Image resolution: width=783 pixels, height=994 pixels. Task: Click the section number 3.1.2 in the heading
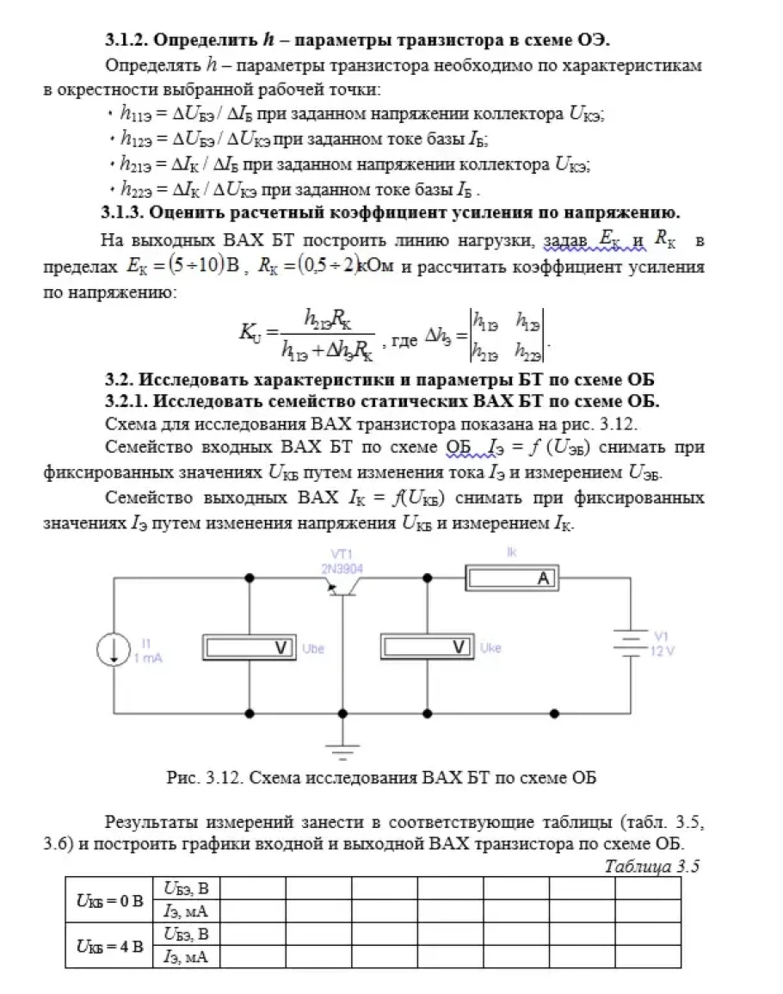(x=128, y=40)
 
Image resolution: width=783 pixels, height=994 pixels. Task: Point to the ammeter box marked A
(x=512, y=579)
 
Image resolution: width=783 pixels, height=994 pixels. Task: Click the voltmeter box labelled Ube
(x=249, y=647)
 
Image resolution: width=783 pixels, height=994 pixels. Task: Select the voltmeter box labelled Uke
(x=427, y=647)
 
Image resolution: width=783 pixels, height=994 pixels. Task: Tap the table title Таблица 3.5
(x=652, y=866)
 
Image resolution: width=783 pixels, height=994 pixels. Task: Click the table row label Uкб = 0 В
(x=108, y=900)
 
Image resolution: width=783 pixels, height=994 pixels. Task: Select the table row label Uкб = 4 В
(x=108, y=945)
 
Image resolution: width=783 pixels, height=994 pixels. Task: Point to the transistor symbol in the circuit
(x=343, y=589)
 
